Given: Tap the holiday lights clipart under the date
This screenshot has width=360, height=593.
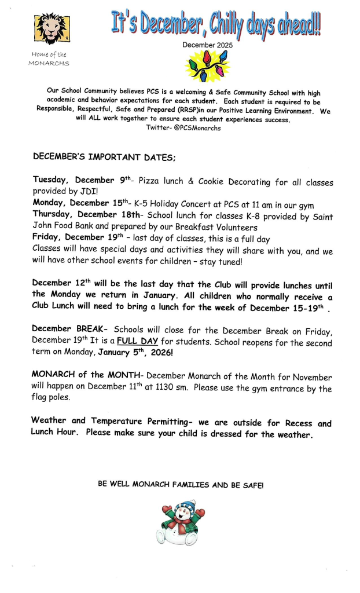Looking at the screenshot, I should coord(207,66).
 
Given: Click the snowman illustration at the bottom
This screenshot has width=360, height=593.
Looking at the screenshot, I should coord(180,523).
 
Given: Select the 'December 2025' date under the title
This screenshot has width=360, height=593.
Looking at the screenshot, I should coord(206,45).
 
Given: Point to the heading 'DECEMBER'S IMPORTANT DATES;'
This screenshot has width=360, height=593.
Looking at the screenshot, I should coord(104,157).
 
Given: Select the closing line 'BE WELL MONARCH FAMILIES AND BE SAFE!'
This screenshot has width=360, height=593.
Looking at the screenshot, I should coord(180,485).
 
